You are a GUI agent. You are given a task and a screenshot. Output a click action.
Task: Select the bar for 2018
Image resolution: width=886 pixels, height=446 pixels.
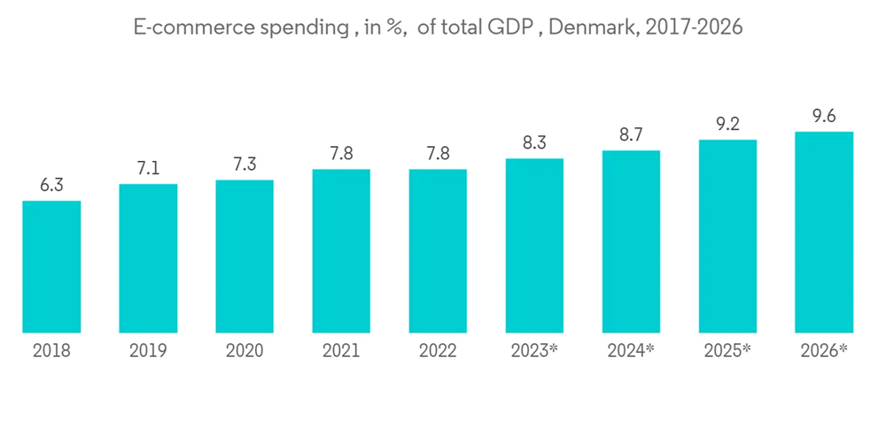pos(51,267)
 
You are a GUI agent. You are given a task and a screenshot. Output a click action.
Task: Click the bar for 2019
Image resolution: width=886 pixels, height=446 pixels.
pos(148,258)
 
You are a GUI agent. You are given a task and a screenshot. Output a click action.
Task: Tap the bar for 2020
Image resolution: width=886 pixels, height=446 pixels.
pos(245,257)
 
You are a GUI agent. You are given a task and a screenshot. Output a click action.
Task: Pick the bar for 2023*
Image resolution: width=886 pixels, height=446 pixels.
pos(534,246)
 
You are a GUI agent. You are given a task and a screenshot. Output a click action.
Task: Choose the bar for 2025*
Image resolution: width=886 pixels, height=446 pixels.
pos(727,236)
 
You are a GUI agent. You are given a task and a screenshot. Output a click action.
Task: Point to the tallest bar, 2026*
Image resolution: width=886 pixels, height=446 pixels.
pos(824,233)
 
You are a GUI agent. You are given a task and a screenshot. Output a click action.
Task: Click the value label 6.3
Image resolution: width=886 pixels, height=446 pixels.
pos(51,185)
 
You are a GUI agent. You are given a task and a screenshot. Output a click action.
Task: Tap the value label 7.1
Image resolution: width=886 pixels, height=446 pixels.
pos(148,168)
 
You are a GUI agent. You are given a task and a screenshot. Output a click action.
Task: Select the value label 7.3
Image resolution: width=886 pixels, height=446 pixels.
pos(245,164)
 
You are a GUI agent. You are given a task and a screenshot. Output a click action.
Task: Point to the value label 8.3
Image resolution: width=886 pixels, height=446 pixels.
pos(534,142)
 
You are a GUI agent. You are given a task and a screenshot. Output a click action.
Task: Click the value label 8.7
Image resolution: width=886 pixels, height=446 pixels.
pos(631,135)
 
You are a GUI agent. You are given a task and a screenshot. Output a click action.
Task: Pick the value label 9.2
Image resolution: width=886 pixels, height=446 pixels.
pos(727,124)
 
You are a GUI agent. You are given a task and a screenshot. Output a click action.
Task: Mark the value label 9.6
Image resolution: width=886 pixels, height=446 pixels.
pos(824,116)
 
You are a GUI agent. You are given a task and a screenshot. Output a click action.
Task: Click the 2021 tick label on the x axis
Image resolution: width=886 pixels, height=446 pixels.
pos(341,351)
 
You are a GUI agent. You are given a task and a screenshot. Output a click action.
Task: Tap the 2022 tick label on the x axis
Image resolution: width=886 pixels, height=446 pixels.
pos(438,351)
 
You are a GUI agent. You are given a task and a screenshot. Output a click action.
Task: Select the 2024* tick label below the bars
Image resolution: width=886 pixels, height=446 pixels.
pos(631,351)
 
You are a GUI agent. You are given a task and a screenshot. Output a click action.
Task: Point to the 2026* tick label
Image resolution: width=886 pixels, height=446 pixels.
pos(824,351)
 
